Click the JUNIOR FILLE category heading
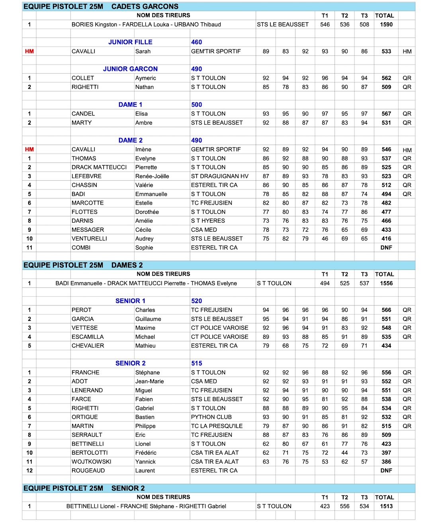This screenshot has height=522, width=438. [x=130, y=42]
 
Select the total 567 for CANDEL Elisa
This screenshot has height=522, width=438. [x=386, y=114]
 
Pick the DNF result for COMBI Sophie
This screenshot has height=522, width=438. [x=386, y=248]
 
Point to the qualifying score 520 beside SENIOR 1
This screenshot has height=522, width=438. [x=196, y=301]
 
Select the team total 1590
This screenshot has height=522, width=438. [x=386, y=25]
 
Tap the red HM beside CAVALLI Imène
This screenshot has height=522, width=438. [x=29, y=150]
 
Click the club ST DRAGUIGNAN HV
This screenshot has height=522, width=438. [x=219, y=176]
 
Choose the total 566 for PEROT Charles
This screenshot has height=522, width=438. [x=386, y=310]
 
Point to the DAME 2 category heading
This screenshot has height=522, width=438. [x=130, y=141]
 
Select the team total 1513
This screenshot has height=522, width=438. [x=386, y=506]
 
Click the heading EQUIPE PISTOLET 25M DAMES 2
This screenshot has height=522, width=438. [x=83, y=265]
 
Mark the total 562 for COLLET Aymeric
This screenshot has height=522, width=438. [x=386, y=78]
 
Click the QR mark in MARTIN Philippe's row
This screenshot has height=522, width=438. [x=407, y=426]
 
